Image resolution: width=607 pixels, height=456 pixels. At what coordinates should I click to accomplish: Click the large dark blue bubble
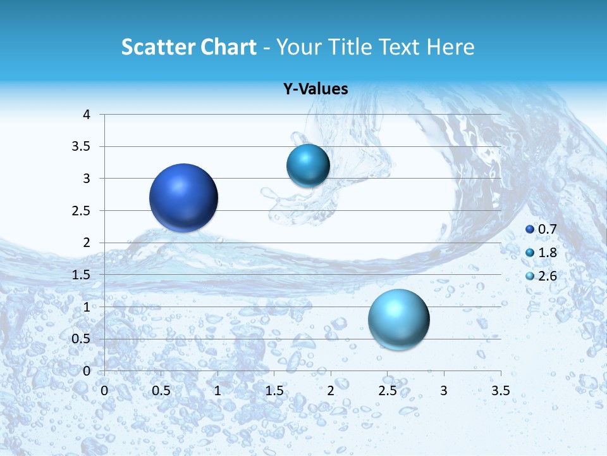pos(183,198)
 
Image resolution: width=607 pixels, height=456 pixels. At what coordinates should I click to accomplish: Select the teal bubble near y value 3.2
pos(308,165)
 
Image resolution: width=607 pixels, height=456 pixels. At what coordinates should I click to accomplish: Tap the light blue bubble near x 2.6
pos(398,319)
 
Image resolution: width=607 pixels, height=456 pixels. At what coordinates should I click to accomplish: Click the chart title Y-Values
pos(315,89)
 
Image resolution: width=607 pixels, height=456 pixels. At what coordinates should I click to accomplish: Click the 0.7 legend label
pos(547,229)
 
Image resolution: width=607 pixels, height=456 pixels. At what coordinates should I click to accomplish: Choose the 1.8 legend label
pos(547,253)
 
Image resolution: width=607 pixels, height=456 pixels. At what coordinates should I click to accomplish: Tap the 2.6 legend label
pos(547,275)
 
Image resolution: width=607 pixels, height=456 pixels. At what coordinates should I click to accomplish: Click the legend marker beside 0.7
pos(530,230)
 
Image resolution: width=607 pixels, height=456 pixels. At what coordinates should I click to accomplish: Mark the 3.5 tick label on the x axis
pos(500,390)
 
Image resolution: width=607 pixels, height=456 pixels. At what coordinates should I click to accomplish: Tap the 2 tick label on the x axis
pos(331,390)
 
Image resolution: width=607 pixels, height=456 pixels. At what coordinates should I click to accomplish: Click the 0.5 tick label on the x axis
pos(161,390)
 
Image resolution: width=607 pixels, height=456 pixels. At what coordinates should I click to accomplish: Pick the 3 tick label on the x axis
pos(444,390)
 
